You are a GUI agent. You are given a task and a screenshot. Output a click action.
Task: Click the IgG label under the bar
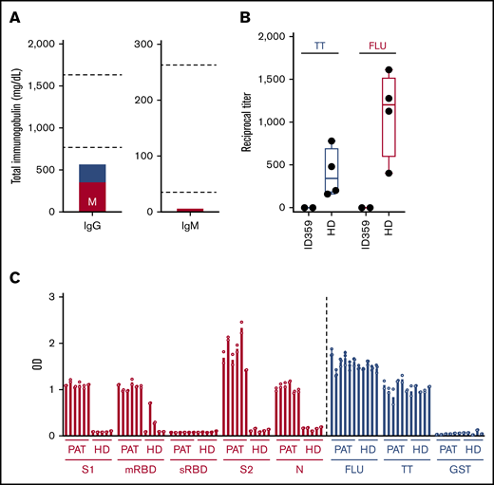92,229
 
